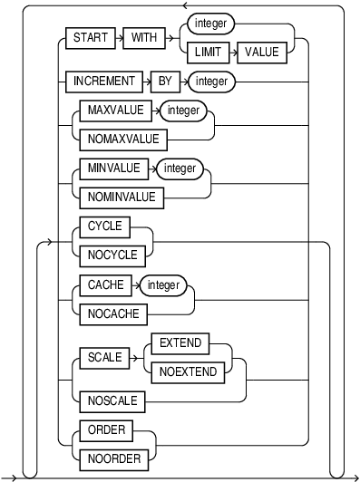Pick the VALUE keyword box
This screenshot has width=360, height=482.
[x=264, y=52]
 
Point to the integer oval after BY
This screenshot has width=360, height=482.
[x=212, y=82]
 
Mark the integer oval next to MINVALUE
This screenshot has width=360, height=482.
[x=180, y=169]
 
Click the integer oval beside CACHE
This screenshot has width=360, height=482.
[x=163, y=285]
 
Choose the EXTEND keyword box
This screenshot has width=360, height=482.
[x=180, y=343]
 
